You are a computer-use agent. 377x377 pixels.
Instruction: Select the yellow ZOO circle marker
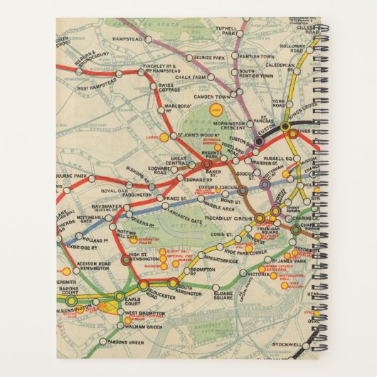tap(213, 110)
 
